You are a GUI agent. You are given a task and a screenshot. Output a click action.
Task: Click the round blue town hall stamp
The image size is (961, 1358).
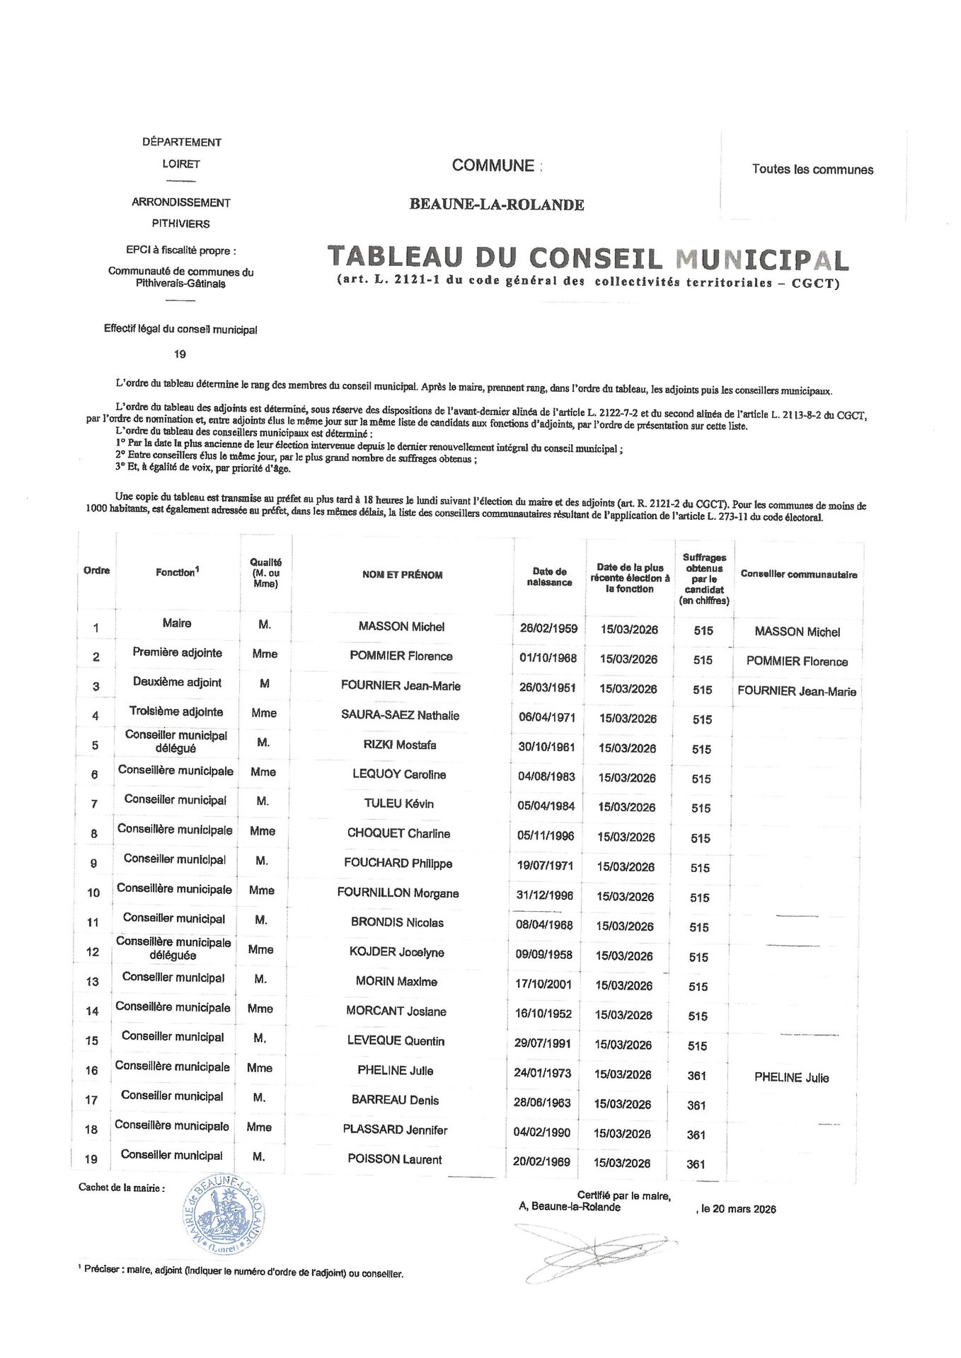point(223,1215)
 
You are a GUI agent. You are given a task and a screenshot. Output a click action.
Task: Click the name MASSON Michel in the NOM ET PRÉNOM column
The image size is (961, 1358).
point(401,627)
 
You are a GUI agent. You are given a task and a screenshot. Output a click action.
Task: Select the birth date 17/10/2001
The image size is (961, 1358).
point(543,984)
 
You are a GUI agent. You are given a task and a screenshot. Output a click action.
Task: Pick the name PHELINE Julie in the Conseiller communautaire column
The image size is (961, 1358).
point(791,1078)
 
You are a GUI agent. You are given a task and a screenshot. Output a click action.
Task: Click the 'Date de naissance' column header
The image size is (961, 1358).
point(550,576)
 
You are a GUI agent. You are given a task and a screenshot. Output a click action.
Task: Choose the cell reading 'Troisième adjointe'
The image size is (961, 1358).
point(176,712)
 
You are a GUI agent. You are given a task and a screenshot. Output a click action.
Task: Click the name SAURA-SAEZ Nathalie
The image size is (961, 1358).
point(400,715)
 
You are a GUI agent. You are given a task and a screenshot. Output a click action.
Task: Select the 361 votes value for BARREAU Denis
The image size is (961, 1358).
point(696,1105)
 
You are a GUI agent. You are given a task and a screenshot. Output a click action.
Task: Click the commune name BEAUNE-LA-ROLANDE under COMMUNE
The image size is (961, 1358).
point(497,205)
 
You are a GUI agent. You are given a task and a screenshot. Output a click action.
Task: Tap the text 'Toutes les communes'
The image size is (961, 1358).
point(812,170)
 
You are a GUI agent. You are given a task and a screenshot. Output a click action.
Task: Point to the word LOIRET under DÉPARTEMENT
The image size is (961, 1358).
point(181,164)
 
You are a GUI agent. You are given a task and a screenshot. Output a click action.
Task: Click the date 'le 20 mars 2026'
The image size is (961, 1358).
point(738,1209)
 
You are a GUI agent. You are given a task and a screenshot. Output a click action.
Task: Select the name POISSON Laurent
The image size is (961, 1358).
point(395,1159)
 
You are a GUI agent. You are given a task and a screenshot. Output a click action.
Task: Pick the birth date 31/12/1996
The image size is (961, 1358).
point(545,895)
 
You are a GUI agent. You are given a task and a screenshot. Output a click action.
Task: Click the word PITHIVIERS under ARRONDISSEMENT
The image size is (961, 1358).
point(181,224)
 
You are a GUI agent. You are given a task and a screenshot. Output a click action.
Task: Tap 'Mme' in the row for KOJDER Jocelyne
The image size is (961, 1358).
point(261,949)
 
